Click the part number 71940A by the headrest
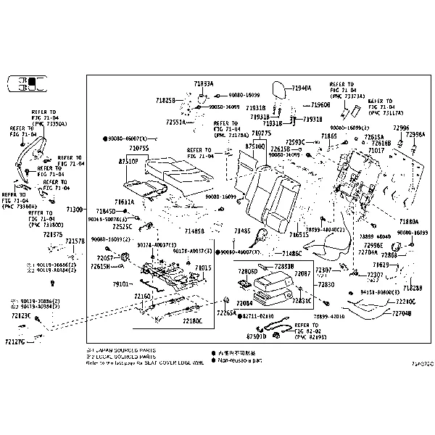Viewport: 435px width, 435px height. tap(301, 88)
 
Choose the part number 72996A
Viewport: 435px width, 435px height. tap(415, 135)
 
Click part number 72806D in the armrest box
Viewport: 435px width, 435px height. tap(248, 271)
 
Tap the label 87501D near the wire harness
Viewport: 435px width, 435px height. tap(256, 336)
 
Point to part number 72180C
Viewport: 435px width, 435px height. tap(191, 320)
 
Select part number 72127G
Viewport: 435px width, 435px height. tap(14, 341)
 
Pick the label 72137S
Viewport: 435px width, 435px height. tap(52, 234)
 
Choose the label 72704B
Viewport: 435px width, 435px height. tap(402, 313)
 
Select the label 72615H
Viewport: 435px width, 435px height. tap(100, 266)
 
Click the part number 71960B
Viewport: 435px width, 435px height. tap(320, 104)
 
